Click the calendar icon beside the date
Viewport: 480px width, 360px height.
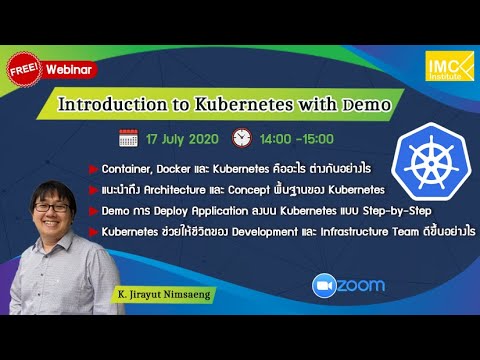click(128, 138)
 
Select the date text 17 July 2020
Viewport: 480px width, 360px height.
click(183, 138)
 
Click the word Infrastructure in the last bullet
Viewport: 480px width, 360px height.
click(344, 232)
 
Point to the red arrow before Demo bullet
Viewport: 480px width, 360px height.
click(93, 211)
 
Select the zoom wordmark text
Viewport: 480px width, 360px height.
click(360, 284)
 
